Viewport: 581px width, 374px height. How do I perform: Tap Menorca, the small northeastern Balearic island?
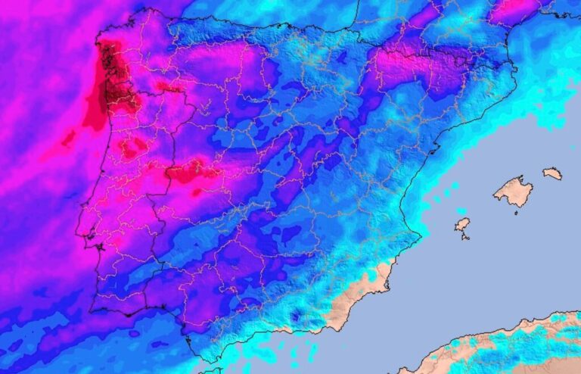click(x=552, y=173)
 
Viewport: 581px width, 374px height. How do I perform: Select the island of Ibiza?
click(x=462, y=224)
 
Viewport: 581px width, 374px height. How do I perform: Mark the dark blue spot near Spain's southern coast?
click(x=296, y=316)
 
